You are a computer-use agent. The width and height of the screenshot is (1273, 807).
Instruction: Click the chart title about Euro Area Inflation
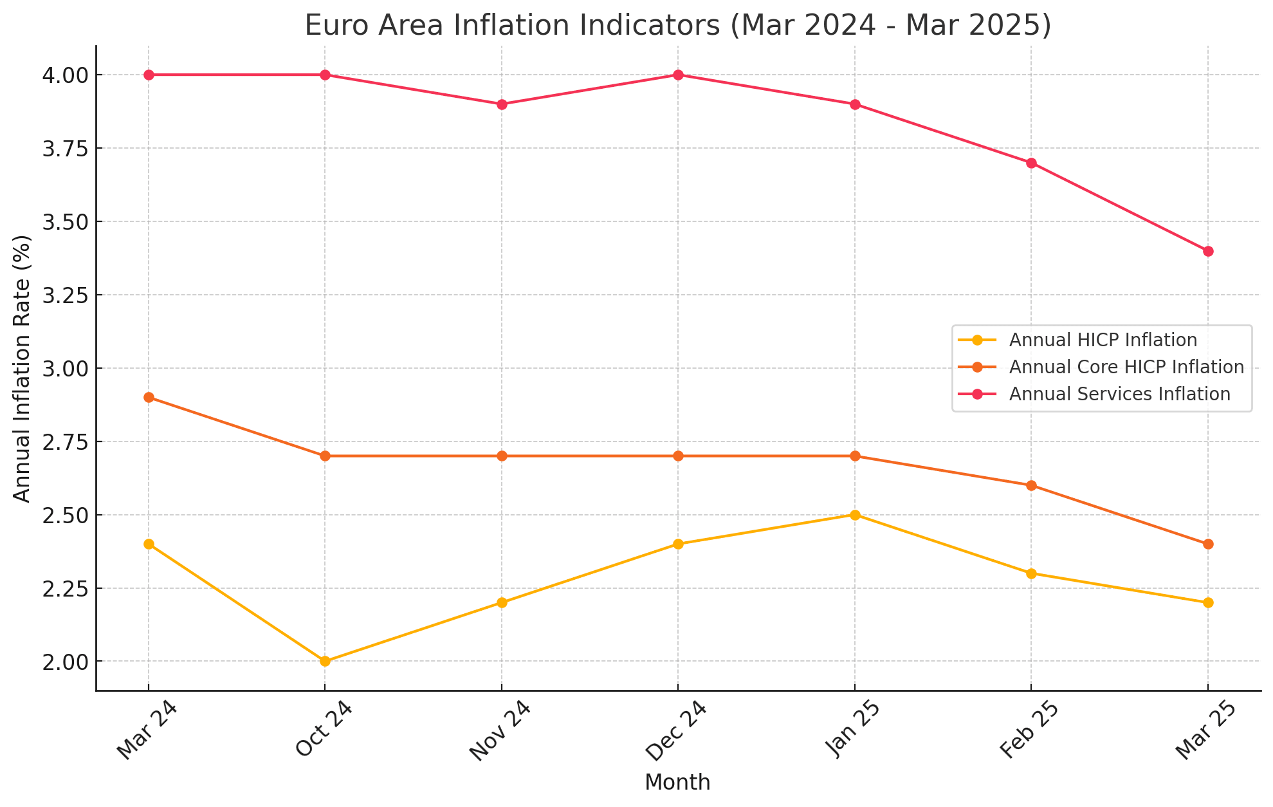pos(677,26)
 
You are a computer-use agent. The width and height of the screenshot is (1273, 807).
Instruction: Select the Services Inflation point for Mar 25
pos(1207,251)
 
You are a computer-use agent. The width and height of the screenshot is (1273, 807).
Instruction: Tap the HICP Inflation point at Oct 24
pos(325,661)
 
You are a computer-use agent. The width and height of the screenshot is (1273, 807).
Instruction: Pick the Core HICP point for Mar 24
pos(149,397)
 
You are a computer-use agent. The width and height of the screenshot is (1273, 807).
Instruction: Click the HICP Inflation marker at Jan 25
pos(855,515)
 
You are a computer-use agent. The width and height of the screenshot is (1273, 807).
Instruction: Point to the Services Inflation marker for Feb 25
pos(1031,163)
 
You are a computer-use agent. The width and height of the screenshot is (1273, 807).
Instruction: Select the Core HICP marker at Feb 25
pos(1031,485)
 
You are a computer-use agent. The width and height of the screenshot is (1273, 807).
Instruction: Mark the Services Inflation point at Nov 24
pos(502,104)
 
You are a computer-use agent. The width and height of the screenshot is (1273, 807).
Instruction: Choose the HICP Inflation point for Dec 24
pos(678,544)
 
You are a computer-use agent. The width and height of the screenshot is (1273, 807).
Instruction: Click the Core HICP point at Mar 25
pos(1207,544)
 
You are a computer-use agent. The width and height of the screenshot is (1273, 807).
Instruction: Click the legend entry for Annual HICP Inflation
pos(1103,340)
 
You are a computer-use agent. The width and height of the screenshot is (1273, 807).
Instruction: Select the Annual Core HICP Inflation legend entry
pos(1126,367)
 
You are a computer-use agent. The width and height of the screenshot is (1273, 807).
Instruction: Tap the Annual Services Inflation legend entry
pos(1119,394)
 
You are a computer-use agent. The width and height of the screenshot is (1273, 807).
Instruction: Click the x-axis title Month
pos(677,783)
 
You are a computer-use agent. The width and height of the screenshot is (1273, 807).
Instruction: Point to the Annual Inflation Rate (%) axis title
pos(22,368)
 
